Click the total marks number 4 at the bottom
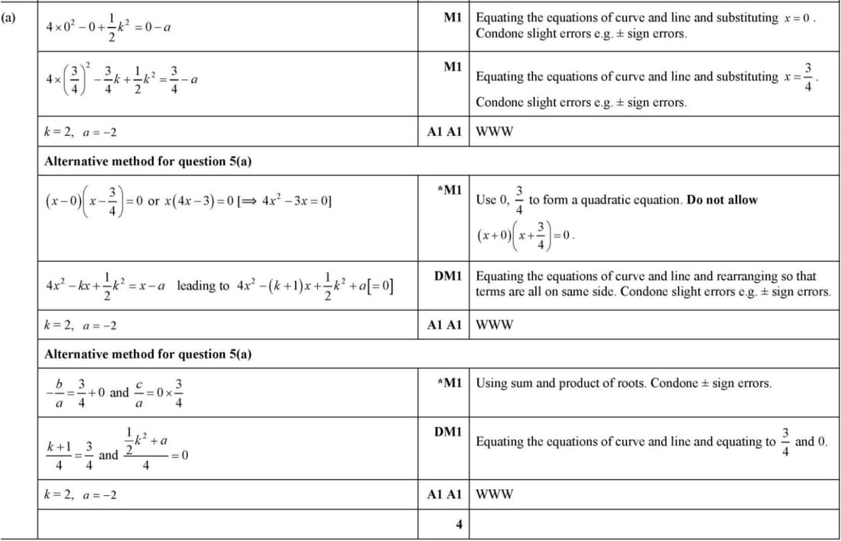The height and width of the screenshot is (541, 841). tap(459, 524)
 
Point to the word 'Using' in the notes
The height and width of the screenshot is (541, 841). tap(492, 383)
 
